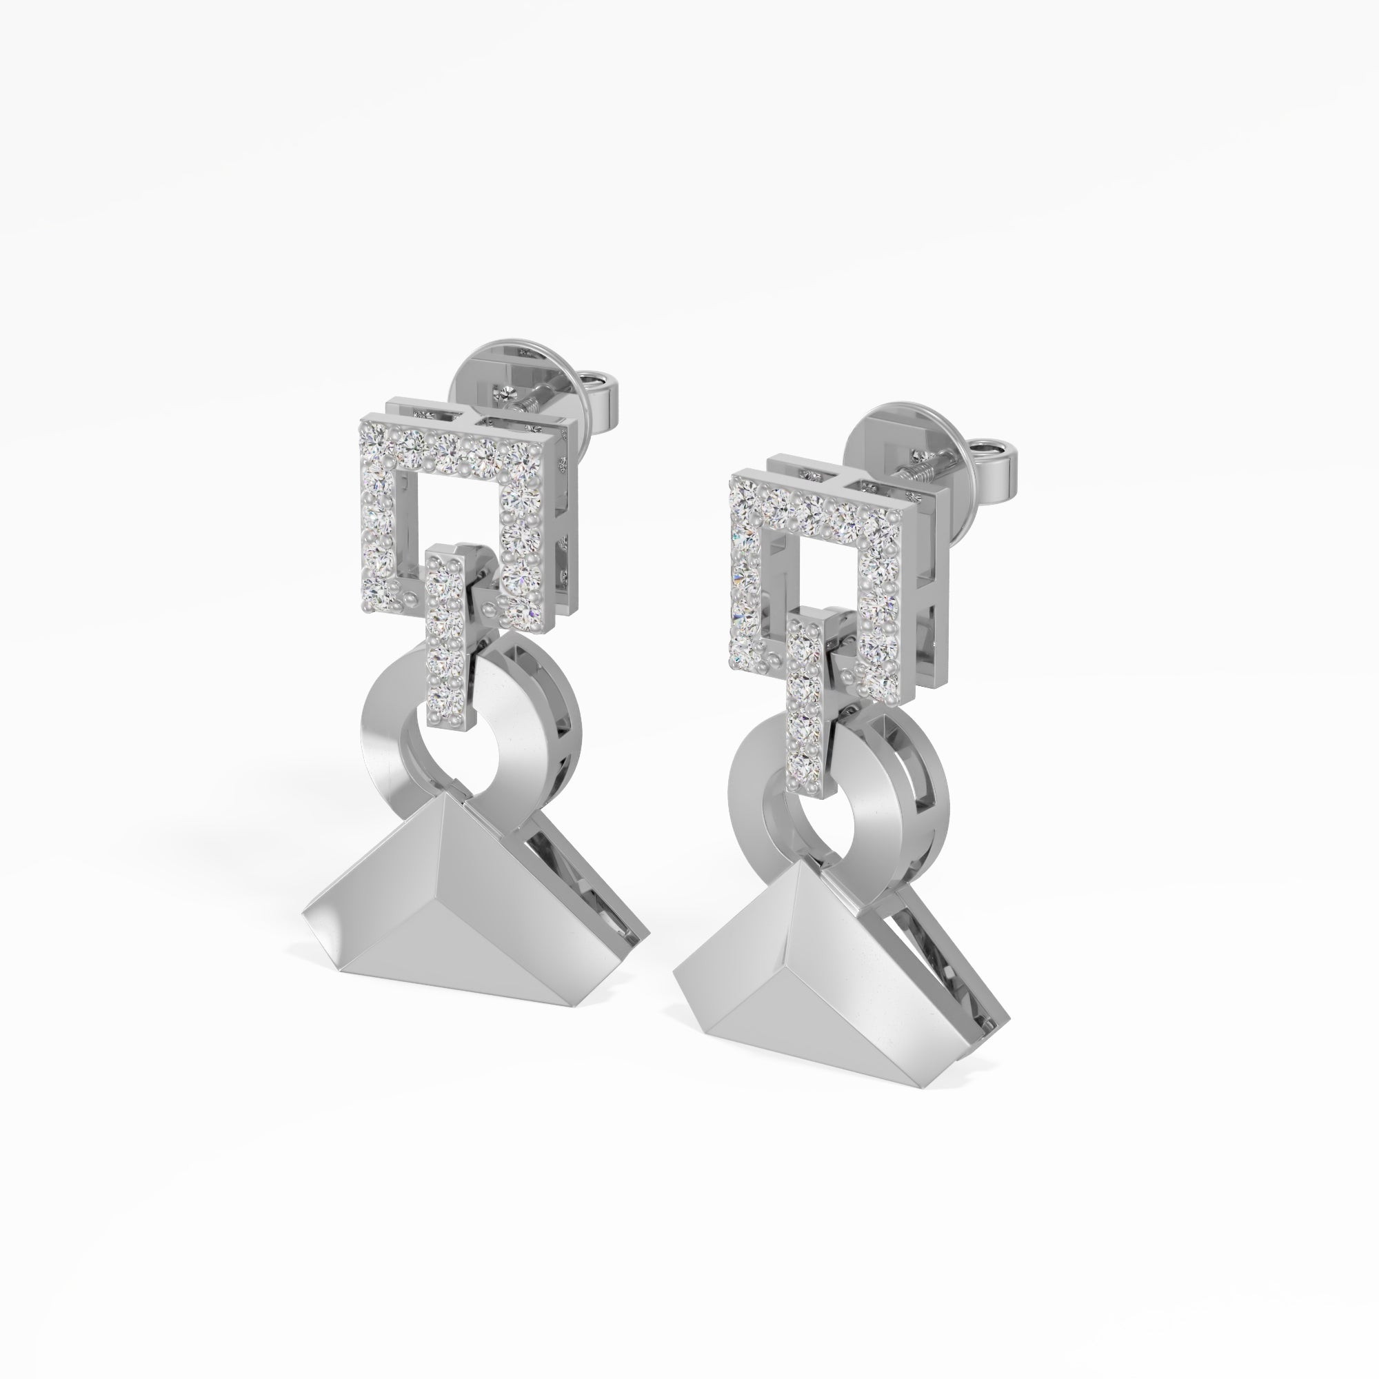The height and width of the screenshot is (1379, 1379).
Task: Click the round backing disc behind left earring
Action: point(500,371)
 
